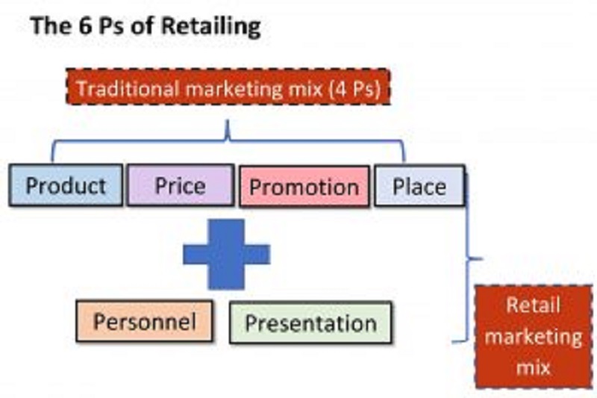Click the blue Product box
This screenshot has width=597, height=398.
pos(66,185)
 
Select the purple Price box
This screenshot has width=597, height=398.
pos(181,185)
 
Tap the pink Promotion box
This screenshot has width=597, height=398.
pos(304,187)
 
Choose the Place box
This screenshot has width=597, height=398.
pos(419,186)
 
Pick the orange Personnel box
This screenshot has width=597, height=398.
pos(144,321)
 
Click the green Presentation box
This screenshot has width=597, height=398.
pos(310,323)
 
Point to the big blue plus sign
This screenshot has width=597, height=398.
pos(227,255)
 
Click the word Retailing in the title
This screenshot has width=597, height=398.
pos(210,26)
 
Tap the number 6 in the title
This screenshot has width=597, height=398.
pos(84,25)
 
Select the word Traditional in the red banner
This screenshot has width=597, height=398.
pos(128,88)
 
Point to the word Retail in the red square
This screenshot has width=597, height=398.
pos(533,305)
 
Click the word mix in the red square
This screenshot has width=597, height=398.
pos(534,367)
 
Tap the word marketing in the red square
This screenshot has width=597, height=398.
pos(534,338)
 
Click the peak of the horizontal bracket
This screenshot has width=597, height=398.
pos(228,121)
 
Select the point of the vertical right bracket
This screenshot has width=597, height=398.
pos(481,258)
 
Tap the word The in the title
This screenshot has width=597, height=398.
pos(50,25)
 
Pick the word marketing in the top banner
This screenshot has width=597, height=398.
pos(234,90)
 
